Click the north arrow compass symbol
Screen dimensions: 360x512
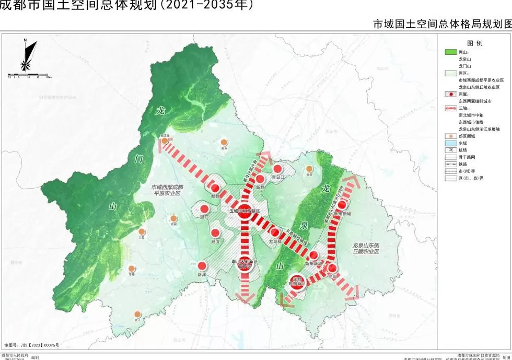(27, 55)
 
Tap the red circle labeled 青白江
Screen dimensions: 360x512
(278, 168)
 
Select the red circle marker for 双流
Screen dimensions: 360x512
(215, 234)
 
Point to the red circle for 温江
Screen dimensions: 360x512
(204, 208)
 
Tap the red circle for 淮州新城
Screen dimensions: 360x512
(342, 206)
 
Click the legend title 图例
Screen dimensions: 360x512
(474, 43)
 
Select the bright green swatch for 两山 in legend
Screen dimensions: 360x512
(450, 52)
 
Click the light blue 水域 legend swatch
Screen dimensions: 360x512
(450, 143)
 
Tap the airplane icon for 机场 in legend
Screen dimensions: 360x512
(450, 150)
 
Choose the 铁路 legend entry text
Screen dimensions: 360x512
(463, 164)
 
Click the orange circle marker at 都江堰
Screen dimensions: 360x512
(165, 141)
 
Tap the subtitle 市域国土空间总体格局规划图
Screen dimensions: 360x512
(442, 24)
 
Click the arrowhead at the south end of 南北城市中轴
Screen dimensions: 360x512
(245, 297)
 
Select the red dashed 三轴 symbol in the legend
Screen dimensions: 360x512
(450, 108)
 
